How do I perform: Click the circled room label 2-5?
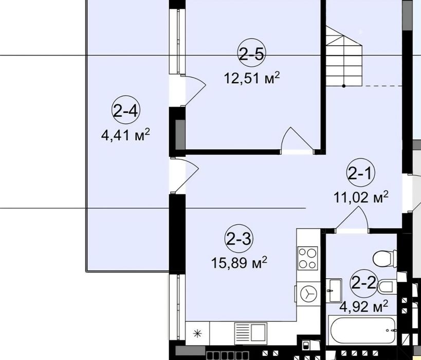point(251,53)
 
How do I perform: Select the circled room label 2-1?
point(361,174)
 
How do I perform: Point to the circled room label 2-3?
point(238,239)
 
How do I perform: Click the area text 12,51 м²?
point(251,78)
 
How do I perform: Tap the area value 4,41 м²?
point(126,135)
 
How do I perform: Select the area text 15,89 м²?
point(239,263)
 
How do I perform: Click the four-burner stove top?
point(308,258)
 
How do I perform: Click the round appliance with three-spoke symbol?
point(308,294)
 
